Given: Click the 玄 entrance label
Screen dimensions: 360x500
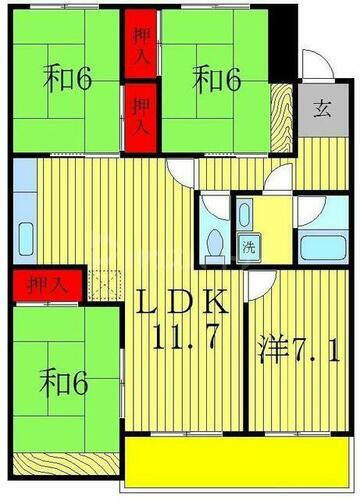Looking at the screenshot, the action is (321, 110).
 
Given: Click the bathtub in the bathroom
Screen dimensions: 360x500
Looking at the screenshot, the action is (321, 245).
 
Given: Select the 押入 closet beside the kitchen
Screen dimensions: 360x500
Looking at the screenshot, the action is (43, 285).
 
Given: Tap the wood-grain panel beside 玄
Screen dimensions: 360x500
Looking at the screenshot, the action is (286, 110).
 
